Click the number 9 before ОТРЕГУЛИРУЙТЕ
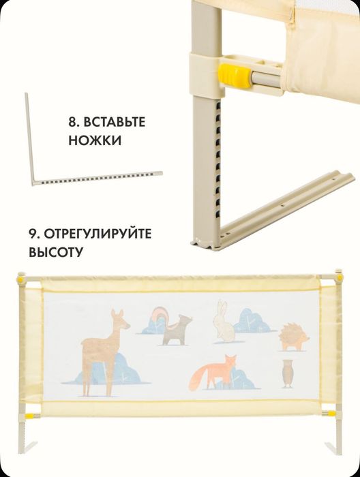click(x=33, y=234)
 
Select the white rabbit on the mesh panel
click(x=222, y=321)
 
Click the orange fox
click(x=215, y=373)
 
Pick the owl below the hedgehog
click(x=287, y=373)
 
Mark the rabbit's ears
click(x=220, y=305)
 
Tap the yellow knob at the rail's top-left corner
click(x=20, y=279)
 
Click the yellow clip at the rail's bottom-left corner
click(x=29, y=412)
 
